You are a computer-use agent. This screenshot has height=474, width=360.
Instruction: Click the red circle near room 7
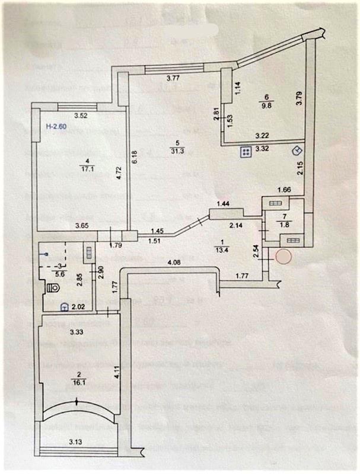(283, 257)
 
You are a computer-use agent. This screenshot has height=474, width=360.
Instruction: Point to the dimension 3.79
(299, 98)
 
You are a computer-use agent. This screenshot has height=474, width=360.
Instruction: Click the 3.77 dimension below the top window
(173, 78)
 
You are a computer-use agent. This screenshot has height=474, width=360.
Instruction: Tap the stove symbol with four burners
(245, 152)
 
